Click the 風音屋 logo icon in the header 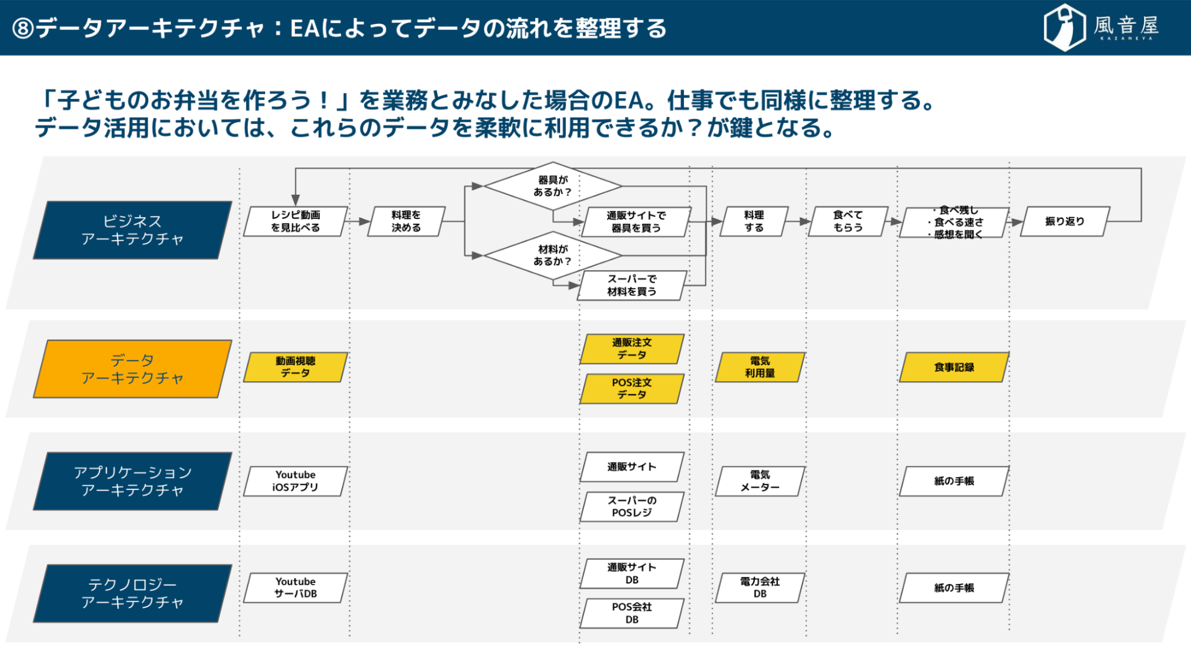point(1065,27)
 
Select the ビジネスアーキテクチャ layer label point(132,230)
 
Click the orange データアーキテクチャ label point(132,369)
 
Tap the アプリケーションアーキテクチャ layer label point(132,481)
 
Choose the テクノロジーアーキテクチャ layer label point(132,594)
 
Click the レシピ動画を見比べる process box point(296,221)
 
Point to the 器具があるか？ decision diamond point(552,186)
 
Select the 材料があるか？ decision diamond point(552,255)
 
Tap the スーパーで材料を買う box point(632,285)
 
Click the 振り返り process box point(1065,221)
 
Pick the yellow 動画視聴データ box point(296,367)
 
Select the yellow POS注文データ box point(632,389)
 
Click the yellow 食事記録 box point(954,367)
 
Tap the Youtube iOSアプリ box point(296,481)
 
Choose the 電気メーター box point(760,481)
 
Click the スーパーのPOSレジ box point(632,507)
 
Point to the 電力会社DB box point(760,588)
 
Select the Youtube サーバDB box point(296,588)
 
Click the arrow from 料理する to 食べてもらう point(798,221)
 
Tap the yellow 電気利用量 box point(760,367)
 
